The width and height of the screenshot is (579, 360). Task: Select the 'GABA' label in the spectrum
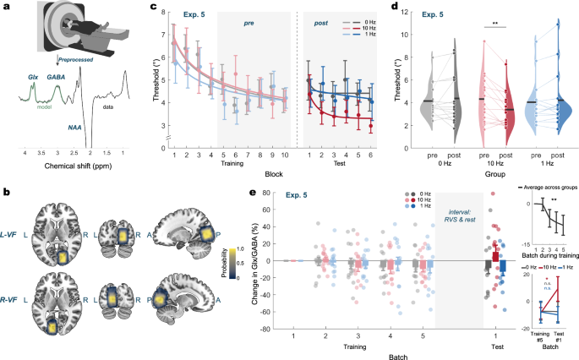pos(57,75)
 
